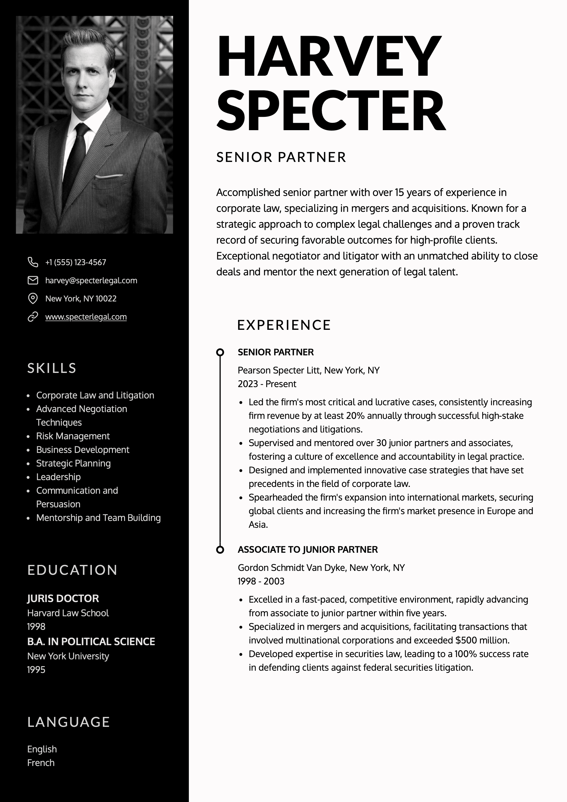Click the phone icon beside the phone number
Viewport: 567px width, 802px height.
(33, 262)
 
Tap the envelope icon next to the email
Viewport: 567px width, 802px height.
(33, 280)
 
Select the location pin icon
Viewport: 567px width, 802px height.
(33, 298)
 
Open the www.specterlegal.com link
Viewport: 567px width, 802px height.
(86, 317)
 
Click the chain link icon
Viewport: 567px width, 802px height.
(33, 317)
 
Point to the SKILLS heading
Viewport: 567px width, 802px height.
(52, 368)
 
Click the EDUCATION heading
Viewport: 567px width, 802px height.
(72, 570)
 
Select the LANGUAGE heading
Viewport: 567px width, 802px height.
(68, 722)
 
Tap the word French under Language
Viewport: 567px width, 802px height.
(41, 763)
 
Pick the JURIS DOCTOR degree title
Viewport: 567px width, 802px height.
(63, 598)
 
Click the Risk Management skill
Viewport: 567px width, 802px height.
(73, 436)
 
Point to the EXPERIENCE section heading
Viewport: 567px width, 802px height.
(284, 325)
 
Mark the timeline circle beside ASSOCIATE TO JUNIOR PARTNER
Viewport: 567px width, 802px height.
(220, 550)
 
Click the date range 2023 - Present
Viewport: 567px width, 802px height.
(267, 384)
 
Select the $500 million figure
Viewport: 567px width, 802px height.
(482, 640)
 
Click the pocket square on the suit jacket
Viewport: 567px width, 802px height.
(109, 176)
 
